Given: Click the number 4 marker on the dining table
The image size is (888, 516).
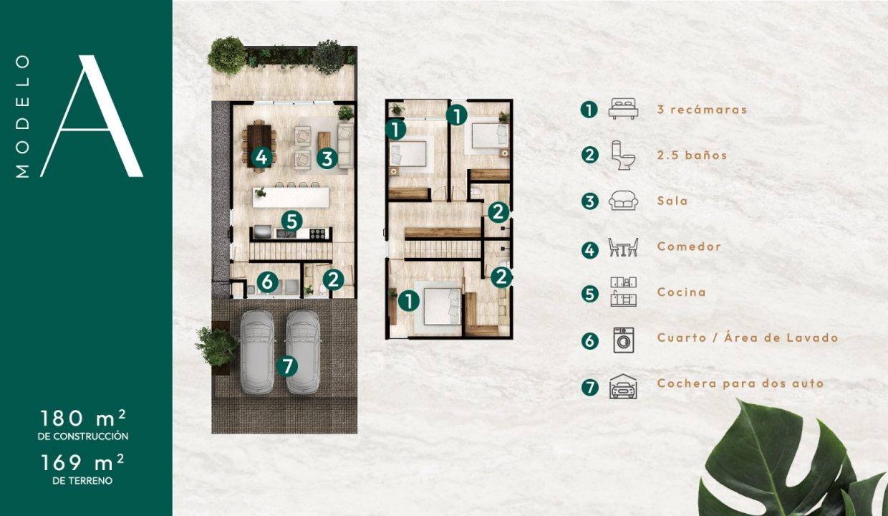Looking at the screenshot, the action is [261, 157].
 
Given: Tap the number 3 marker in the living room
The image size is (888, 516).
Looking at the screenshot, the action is [327, 158].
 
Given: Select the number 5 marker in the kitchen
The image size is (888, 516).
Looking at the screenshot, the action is [291, 221].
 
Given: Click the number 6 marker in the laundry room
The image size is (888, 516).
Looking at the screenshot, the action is [268, 282].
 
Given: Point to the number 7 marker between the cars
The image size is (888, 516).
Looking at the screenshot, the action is [287, 365].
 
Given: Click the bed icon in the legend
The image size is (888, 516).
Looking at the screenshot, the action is [624, 109].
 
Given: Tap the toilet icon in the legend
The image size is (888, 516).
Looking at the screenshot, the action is [623, 155].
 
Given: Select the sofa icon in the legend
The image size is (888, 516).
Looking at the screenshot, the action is [624, 200].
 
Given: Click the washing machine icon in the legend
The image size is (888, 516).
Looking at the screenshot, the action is [624, 340].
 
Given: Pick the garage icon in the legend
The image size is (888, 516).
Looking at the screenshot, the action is [624, 386].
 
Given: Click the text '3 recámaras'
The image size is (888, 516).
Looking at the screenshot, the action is [702, 110].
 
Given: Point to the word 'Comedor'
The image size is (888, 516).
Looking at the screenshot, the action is [689, 247].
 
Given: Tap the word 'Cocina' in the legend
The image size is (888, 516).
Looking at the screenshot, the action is [682, 292].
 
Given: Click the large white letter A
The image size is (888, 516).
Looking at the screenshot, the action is [92, 116].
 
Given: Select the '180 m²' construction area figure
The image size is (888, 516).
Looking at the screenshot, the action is [83, 418].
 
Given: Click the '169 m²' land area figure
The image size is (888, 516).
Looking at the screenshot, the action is [83, 462].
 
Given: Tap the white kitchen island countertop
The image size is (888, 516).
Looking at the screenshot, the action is [291, 198].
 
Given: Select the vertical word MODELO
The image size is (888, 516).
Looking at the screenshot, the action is [23, 116].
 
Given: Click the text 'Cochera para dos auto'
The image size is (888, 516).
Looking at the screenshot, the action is [740, 383].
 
